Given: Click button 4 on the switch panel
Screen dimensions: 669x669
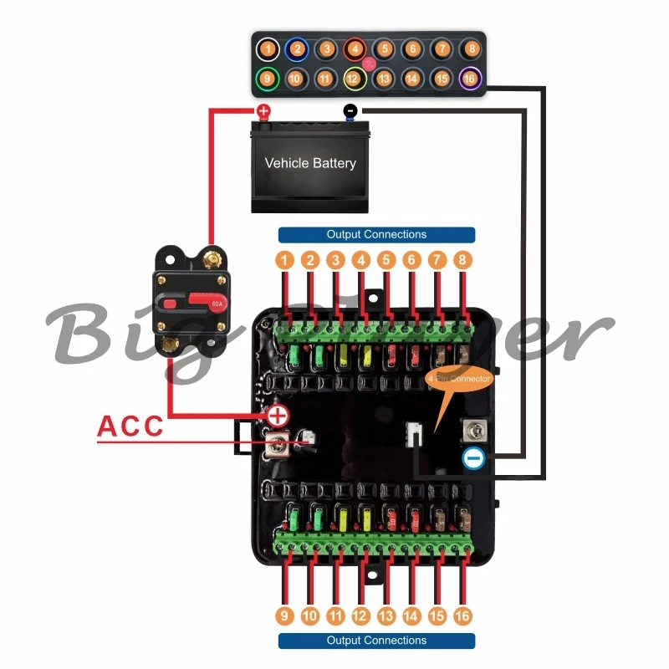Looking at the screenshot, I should [x=355, y=49].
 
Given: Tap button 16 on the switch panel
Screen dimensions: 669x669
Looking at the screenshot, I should [x=470, y=79].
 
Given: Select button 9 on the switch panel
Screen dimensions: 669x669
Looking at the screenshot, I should [x=267, y=79].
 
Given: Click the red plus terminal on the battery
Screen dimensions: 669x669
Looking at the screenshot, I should [x=263, y=110].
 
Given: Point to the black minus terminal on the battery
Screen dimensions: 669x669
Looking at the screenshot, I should [x=350, y=110].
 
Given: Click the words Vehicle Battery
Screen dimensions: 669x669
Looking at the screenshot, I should [x=310, y=163].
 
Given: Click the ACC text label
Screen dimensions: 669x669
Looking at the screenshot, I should [x=131, y=425].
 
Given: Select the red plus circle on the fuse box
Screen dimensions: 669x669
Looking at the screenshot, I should [x=277, y=414].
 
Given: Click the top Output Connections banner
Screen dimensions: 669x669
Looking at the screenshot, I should [x=376, y=235].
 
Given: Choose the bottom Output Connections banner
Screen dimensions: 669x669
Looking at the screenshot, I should [x=376, y=641].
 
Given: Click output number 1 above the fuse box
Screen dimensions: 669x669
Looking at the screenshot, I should [x=285, y=260].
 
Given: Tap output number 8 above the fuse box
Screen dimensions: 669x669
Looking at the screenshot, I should [x=462, y=260].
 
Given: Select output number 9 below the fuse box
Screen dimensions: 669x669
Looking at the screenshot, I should [x=285, y=615].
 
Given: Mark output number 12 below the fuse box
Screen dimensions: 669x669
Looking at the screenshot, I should [x=360, y=615].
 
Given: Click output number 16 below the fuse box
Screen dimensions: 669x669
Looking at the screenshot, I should [x=462, y=615].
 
